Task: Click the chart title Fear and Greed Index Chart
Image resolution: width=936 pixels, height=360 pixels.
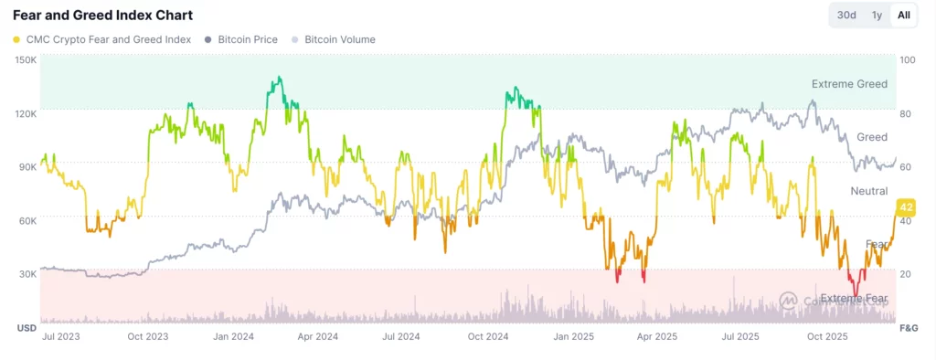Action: click(x=102, y=16)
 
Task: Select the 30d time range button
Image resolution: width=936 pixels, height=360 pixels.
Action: click(x=846, y=16)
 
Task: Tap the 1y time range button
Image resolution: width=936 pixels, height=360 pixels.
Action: click(x=877, y=16)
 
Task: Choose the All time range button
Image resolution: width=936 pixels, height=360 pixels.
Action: click(x=903, y=16)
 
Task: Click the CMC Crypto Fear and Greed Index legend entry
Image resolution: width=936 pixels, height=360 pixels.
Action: click(x=102, y=40)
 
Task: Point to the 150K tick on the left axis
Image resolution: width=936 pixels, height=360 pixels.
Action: click(x=26, y=60)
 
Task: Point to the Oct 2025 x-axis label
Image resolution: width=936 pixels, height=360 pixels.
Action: click(x=827, y=337)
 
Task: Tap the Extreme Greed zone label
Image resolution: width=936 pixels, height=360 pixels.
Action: click(x=848, y=84)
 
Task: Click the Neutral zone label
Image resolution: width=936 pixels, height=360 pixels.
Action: click(x=868, y=191)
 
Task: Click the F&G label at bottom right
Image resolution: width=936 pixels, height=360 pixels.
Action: click(x=909, y=327)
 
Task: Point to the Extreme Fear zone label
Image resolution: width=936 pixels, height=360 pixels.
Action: click(x=852, y=299)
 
